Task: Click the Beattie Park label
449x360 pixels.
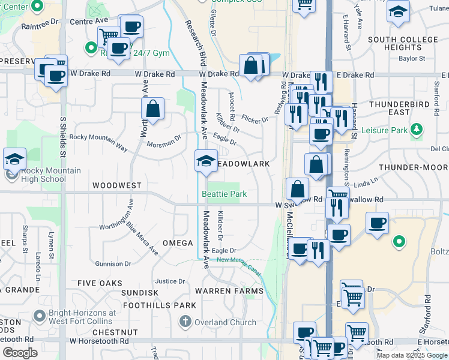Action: (x=224, y=194)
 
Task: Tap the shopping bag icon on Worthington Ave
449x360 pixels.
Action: (x=153, y=110)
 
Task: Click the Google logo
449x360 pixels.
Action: (x=20, y=353)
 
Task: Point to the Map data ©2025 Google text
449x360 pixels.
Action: (x=412, y=355)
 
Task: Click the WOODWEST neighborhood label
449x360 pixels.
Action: (x=117, y=186)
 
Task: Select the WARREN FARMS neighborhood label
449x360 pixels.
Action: (x=229, y=291)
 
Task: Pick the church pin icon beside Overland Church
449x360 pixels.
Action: (x=187, y=322)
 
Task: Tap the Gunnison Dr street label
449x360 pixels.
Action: (x=113, y=264)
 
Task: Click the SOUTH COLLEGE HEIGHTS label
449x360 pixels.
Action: (x=403, y=43)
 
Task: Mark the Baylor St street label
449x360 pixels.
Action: (x=412, y=59)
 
